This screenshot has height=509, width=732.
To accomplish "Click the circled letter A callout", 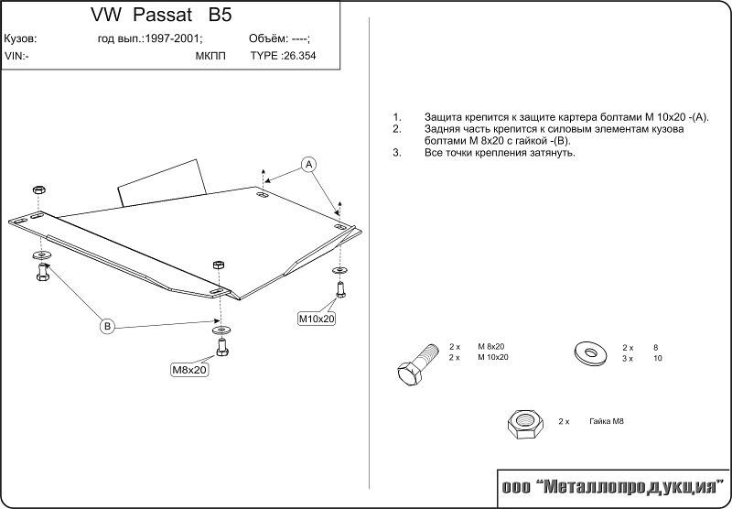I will pos(309,165).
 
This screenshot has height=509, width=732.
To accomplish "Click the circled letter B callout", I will pos(106,326).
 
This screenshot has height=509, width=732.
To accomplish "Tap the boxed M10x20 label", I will pos(317,319).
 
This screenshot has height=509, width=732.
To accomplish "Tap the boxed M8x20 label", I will pos(190,370).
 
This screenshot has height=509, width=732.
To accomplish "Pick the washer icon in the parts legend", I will pos(587,351).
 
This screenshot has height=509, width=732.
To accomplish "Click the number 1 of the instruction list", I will pos(396,118).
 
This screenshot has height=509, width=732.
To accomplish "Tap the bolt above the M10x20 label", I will pos(340,287).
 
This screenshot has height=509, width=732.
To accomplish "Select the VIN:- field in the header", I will pos(16,55).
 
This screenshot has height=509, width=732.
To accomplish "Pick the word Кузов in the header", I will pos(20,39).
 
